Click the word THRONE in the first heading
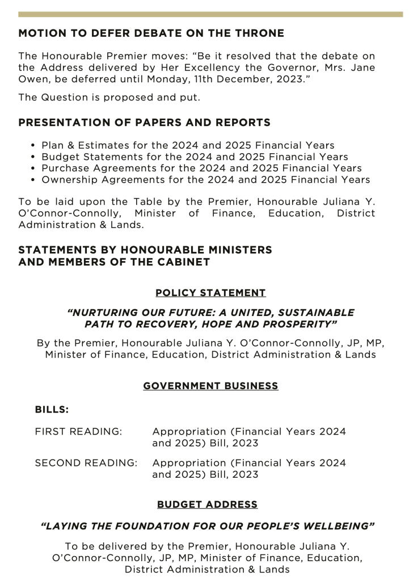(x=256, y=33)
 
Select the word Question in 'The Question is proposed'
(x=64, y=98)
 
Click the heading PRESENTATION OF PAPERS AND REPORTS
(x=144, y=123)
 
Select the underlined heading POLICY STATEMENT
(x=210, y=293)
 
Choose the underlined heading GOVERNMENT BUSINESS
(x=210, y=386)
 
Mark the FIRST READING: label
(x=78, y=432)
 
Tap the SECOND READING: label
(x=86, y=463)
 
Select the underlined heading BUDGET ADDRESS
(x=207, y=504)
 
